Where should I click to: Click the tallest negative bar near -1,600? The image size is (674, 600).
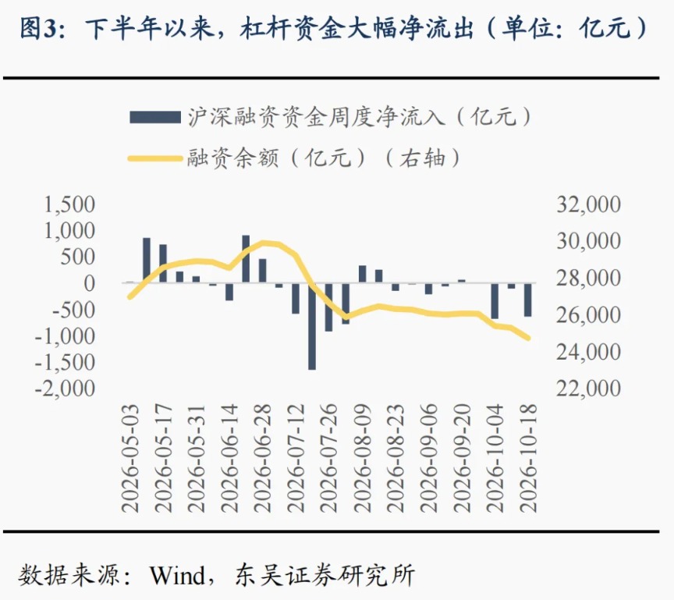[311, 326]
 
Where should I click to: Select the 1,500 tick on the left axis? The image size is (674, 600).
[69, 204]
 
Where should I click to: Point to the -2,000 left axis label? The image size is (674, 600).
[65, 389]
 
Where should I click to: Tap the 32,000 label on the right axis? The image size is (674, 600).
[588, 204]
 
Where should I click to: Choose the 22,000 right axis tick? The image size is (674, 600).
[588, 389]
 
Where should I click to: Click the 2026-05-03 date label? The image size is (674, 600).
[130, 458]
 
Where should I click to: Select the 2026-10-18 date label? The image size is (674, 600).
[528, 458]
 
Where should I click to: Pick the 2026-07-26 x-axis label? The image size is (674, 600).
[329, 458]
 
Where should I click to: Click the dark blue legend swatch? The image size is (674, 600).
[154, 117]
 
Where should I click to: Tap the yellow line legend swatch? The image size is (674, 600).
[154, 158]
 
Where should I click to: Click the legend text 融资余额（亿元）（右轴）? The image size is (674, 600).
[324, 158]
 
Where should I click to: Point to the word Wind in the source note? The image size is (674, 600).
[177, 575]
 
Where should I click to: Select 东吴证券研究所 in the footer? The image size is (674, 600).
[325, 575]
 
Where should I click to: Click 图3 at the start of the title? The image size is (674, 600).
[37, 29]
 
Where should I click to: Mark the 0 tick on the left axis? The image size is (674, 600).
[90, 284]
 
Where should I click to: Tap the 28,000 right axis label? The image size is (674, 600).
[588, 279]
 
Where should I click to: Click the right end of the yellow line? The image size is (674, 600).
[528, 339]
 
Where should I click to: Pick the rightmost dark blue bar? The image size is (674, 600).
[527, 300]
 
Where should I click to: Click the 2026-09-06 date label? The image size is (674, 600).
[428, 458]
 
